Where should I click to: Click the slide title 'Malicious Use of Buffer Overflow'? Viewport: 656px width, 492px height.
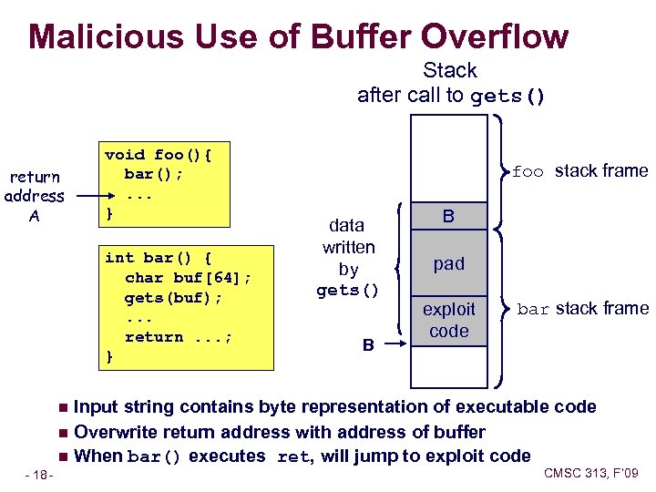[x=299, y=36]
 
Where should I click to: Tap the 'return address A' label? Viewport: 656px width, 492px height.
[x=34, y=196]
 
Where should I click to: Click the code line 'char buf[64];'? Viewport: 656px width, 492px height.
[x=188, y=277]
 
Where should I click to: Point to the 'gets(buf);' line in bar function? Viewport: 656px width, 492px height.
[x=173, y=297]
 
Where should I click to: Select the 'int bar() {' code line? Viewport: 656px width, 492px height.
[x=159, y=257]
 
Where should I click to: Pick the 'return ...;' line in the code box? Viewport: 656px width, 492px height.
[x=179, y=337]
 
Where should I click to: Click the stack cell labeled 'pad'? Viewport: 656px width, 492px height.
[x=448, y=263]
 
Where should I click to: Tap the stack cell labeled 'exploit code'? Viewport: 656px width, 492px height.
[x=448, y=321]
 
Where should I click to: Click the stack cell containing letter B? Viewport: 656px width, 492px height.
[x=448, y=216]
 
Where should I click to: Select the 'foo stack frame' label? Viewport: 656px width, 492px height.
[x=579, y=170]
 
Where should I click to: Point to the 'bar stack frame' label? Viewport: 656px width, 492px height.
[x=582, y=308]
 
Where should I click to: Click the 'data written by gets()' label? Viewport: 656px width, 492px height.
[x=348, y=258]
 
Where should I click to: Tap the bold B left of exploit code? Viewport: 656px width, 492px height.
[x=368, y=345]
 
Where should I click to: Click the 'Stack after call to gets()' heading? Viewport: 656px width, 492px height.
[x=450, y=83]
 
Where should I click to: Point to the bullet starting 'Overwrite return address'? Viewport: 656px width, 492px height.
[x=279, y=431]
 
